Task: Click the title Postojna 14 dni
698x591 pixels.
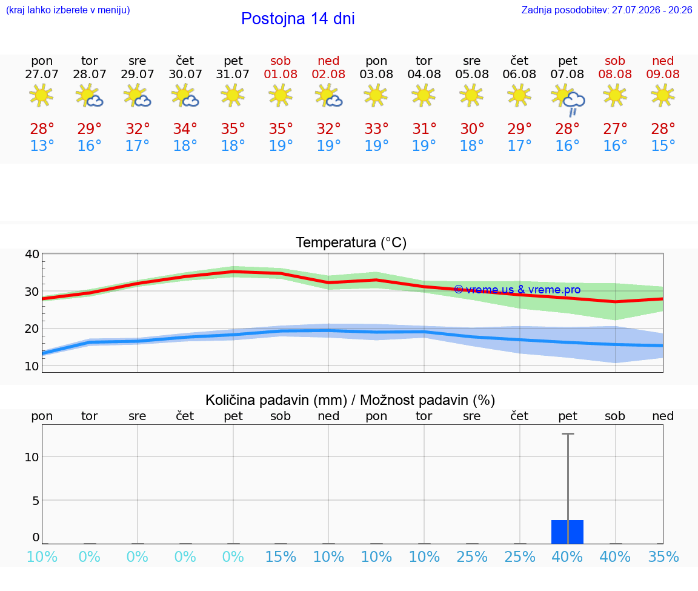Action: pos(298,19)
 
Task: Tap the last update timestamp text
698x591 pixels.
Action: pos(607,10)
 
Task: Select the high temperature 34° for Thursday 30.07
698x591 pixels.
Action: pos(185,129)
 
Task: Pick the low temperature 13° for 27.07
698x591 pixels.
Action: pos(42,145)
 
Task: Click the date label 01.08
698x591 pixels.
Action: pos(281,74)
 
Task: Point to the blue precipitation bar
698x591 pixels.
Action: pos(567,532)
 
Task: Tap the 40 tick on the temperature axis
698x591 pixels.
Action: pos(32,255)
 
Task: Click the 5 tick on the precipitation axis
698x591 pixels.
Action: pos(36,501)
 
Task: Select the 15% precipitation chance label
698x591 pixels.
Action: pos(281,556)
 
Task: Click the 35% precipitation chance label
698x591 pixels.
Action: pos(663,556)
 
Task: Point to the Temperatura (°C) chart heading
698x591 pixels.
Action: pos(351,242)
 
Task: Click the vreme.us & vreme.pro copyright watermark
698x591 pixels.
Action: pos(517,290)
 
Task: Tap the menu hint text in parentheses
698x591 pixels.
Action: pos(68,10)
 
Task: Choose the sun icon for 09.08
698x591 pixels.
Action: pos(663,95)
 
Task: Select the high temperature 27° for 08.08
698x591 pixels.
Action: pos(615,129)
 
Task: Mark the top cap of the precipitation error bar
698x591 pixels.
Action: pos(568,433)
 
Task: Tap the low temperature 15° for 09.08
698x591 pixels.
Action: pos(663,145)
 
